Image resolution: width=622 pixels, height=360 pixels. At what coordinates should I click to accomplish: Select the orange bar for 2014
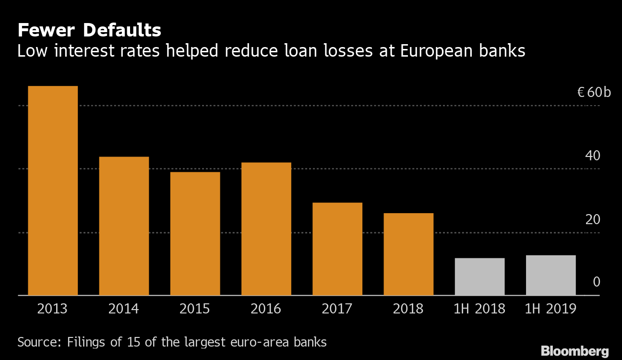[x=124, y=226]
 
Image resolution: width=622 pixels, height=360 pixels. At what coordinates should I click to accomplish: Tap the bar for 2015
[x=195, y=233]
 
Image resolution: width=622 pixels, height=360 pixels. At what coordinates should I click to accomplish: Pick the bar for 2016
[x=266, y=228]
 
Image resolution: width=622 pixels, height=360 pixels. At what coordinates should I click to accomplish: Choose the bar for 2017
[x=337, y=249]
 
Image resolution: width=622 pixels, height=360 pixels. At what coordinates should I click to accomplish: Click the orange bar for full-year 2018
[x=408, y=254]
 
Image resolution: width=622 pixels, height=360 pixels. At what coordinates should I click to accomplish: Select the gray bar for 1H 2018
[x=479, y=276]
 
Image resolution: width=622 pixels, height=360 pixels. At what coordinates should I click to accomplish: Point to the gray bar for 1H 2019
[x=550, y=275]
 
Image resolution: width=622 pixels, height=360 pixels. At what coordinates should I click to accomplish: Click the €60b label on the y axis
[x=594, y=92]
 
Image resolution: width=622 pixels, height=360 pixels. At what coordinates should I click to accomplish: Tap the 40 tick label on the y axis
[x=593, y=156]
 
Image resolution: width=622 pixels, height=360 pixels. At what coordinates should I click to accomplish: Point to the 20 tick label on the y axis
[x=593, y=219]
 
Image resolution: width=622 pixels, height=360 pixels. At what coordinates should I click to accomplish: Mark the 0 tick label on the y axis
[x=597, y=282]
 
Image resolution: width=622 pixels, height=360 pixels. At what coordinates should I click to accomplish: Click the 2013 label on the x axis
[x=53, y=309]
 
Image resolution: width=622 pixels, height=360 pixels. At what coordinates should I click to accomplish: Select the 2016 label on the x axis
[x=266, y=309]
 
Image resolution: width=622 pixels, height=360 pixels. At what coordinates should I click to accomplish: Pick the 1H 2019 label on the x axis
[x=550, y=309]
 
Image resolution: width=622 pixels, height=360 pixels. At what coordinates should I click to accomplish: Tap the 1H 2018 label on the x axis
[x=479, y=309]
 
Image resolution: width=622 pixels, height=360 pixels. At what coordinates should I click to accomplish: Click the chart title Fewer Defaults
[x=89, y=31]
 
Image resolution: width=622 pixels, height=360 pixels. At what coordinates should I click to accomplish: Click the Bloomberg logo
[x=574, y=351]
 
